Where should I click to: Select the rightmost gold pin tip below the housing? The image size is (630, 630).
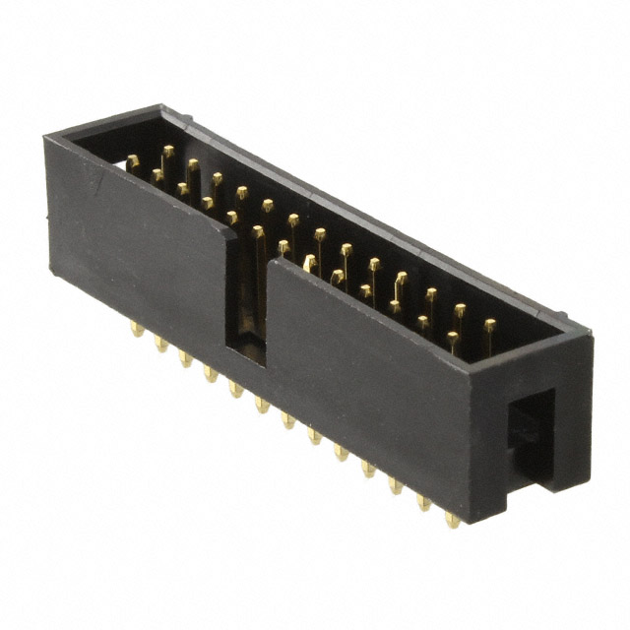pyautogui.click(x=452, y=518)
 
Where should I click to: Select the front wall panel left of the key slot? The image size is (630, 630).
pyautogui.click(x=138, y=246)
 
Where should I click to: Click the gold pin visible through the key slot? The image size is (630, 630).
pyautogui.click(x=258, y=276)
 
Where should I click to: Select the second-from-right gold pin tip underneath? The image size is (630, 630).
pyautogui.click(x=425, y=502)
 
